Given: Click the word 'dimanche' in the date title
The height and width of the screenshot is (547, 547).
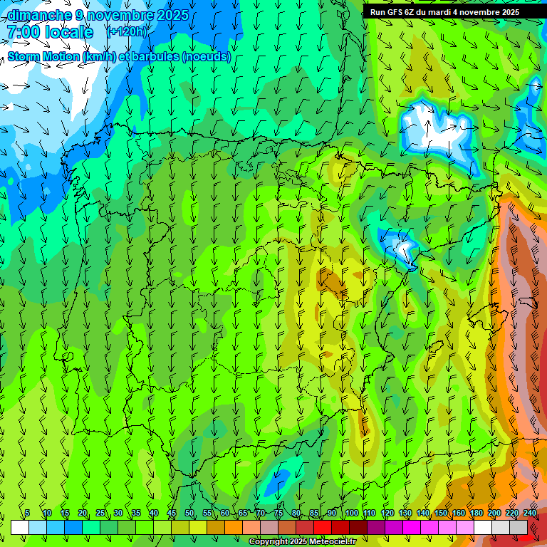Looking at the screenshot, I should [38, 15].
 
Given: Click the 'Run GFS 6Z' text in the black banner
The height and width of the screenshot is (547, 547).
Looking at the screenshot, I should [394, 12].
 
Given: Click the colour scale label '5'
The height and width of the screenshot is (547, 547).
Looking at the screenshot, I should [27, 514].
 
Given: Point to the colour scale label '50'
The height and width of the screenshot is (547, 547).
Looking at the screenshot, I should [189, 514].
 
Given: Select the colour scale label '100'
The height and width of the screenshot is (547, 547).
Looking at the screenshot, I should [351, 514].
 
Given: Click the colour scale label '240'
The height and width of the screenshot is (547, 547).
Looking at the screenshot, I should [529, 514].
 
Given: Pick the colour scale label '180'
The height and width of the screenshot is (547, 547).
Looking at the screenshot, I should [476, 514].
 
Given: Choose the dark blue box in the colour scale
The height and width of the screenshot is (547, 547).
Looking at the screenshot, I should [73, 527].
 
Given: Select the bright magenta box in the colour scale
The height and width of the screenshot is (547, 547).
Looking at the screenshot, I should [412, 527].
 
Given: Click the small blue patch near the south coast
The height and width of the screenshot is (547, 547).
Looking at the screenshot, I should [278, 481].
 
